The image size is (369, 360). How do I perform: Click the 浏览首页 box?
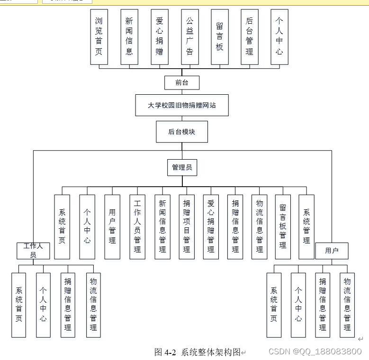point(99,36)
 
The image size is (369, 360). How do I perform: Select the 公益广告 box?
point(189,36)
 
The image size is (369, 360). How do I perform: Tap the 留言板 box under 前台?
point(219,36)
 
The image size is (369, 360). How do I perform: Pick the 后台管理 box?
point(249,36)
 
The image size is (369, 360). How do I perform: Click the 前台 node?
point(182,82)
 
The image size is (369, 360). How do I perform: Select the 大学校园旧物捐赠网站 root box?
point(182,105)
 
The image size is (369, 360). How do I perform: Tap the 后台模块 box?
point(182,132)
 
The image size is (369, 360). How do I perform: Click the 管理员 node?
point(182,167)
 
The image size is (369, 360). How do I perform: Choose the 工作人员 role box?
point(33,251)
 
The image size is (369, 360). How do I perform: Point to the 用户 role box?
point(332,251)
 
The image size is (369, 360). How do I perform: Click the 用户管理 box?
point(112,227)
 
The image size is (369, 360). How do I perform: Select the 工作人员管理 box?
point(137,227)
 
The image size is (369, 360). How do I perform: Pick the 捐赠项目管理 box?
point(186,227)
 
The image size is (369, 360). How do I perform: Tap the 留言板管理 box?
point(283,227)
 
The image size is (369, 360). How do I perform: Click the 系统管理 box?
point(306,227)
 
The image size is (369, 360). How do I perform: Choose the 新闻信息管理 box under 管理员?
point(162,227)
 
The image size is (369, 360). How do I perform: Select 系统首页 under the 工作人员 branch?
point(19,305)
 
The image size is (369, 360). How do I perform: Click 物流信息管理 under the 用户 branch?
point(347,305)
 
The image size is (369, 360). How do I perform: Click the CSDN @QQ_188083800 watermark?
point(315,351)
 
